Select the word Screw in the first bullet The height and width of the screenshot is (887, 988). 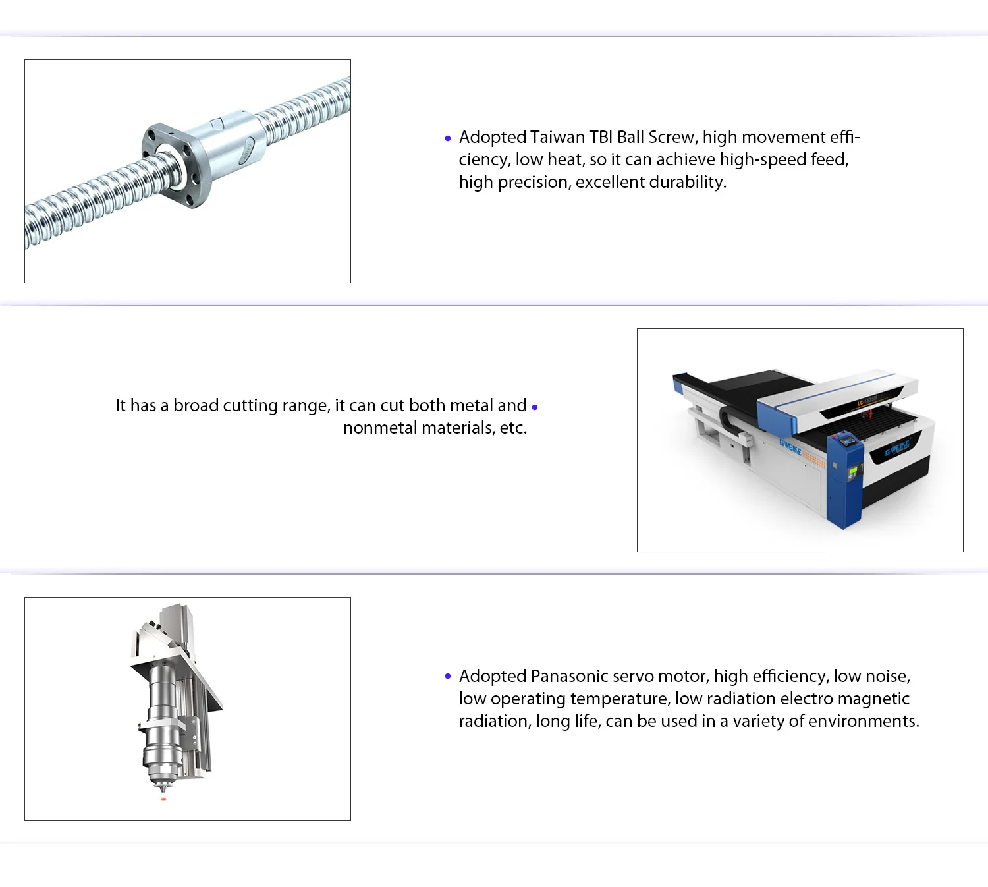[x=673, y=138]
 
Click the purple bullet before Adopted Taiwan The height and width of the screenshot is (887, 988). [x=448, y=138]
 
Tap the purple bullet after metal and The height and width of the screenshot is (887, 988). [x=534, y=407]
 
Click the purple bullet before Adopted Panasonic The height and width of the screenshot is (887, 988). [x=448, y=676]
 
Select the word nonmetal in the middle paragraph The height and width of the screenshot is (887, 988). [x=380, y=428]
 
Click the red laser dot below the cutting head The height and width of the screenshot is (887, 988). [x=163, y=799]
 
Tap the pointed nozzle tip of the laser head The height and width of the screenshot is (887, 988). [x=162, y=789]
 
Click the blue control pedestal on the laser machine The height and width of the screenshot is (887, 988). [x=844, y=480]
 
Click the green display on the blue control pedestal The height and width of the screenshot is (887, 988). [x=852, y=471]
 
